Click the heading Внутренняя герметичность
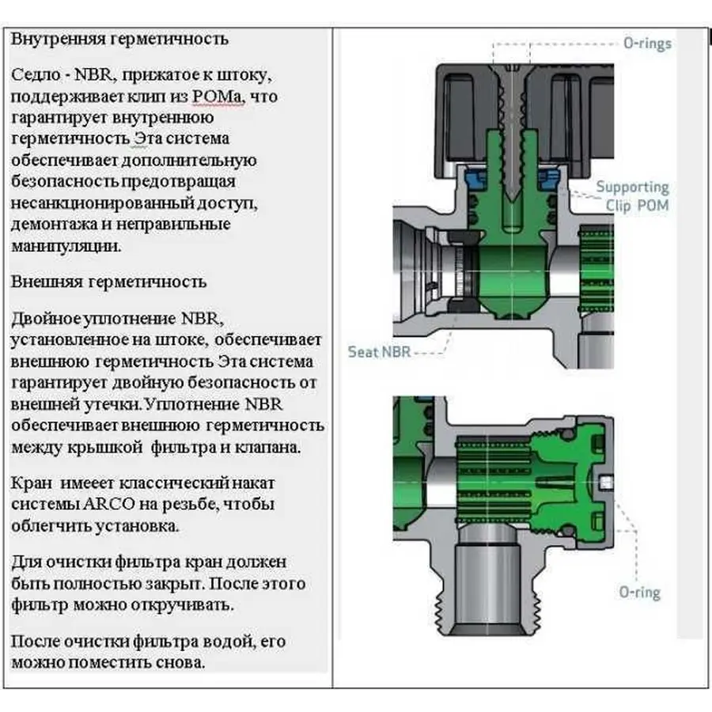click(120, 38)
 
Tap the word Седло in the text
click(35, 76)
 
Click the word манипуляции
click(66, 245)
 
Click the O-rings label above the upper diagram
click(646, 44)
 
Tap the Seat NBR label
click(379, 352)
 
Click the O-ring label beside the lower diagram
click(639, 592)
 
